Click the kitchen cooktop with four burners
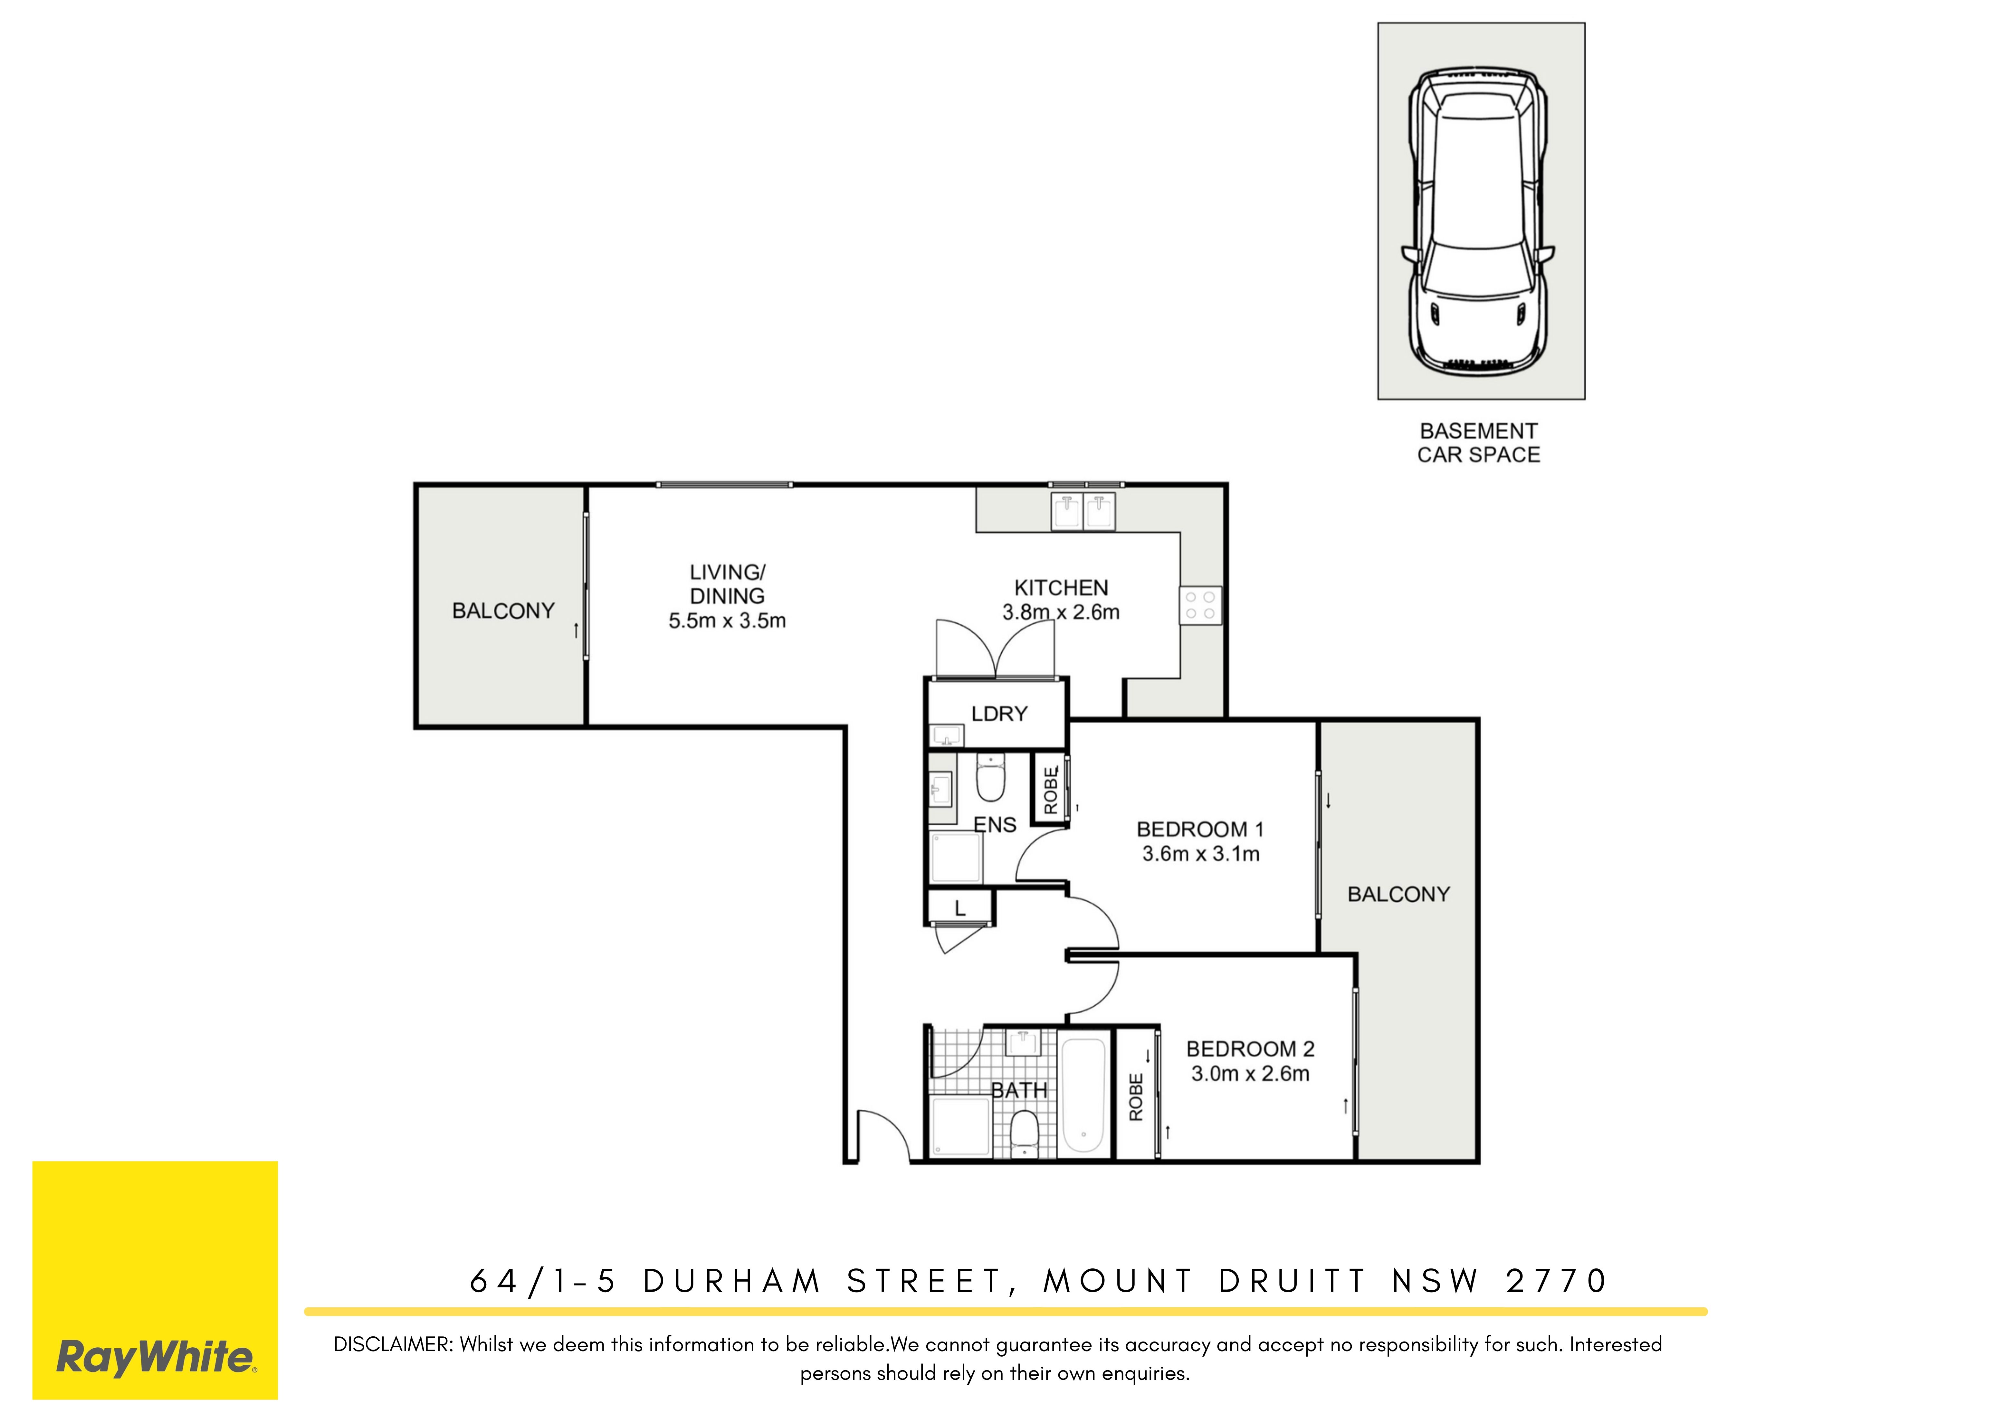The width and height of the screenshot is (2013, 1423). click(x=1200, y=605)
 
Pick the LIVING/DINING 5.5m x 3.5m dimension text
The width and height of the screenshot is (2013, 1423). click(x=728, y=596)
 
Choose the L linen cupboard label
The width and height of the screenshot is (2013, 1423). click(x=960, y=909)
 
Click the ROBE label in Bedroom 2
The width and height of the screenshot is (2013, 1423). click(x=1136, y=1097)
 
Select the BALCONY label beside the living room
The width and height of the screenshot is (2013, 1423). click(x=503, y=611)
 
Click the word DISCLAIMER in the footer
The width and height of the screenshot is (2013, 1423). click(x=393, y=1345)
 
